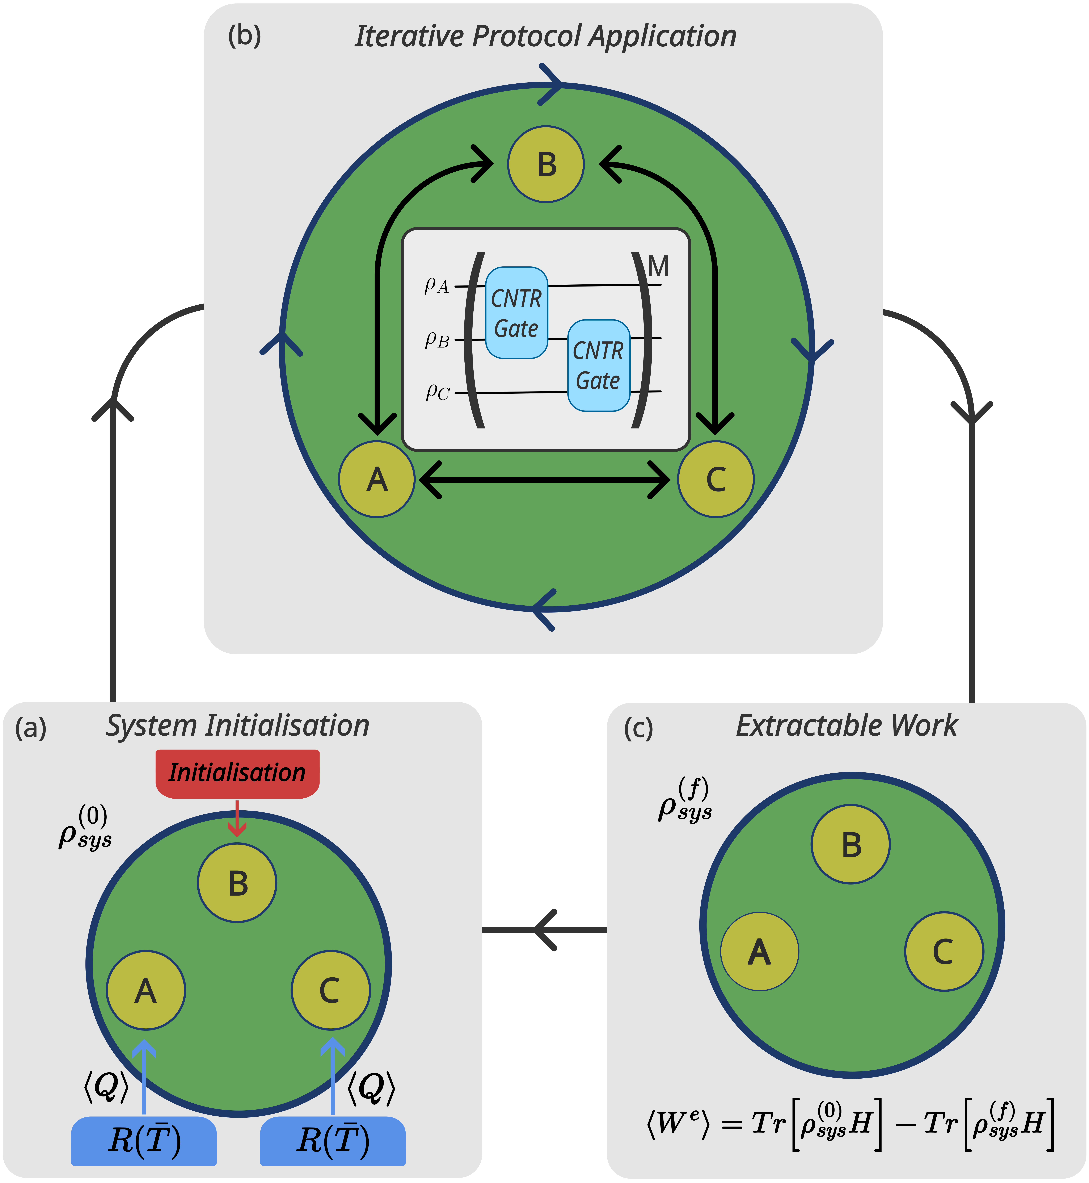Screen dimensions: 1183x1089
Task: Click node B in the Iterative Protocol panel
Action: tap(546, 164)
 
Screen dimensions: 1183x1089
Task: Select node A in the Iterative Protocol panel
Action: tap(377, 479)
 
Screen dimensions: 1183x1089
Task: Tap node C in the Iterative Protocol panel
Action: tap(715, 479)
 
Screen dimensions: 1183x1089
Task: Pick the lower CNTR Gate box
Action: tap(598, 365)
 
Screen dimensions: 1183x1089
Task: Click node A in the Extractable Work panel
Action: tap(760, 951)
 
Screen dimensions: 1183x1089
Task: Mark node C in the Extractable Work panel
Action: tap(944, 951)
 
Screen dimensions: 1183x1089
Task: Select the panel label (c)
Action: tap(638, 729)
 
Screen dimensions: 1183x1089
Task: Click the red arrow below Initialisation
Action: tap(237, 818)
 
